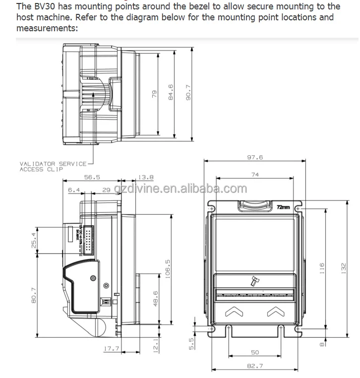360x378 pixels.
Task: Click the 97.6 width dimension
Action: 255,157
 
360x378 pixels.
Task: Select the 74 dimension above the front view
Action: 255,175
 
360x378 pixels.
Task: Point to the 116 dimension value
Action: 321,268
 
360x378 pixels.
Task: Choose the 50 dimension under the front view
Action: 255,352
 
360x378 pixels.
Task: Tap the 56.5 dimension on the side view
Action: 92,177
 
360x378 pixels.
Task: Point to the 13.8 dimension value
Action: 146,177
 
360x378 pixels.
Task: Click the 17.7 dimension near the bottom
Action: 111,349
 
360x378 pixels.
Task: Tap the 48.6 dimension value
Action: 155,299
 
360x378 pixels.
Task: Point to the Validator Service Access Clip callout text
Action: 53,166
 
